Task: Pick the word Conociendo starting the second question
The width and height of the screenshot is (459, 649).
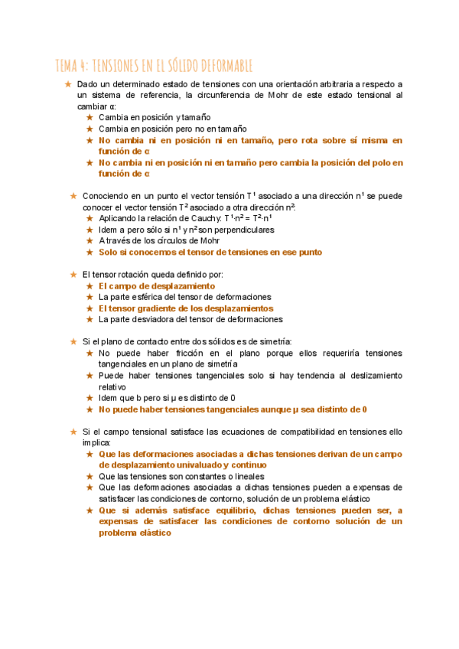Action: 107,196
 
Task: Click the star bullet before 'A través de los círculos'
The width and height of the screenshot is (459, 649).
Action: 89,241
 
